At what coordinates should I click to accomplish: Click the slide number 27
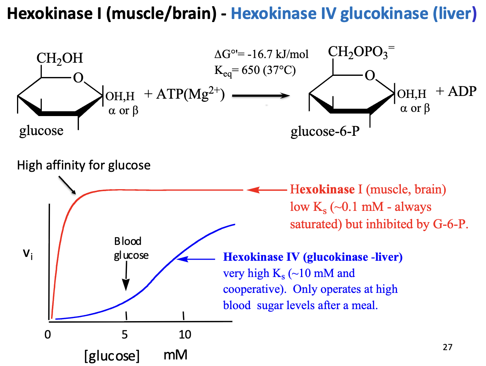click(x=447, y=347)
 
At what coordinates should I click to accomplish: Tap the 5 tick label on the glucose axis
click(x=125, y=335)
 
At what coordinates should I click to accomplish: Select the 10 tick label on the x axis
click(x=185, y=335)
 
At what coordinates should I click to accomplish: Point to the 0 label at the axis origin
click(x=48, y=335)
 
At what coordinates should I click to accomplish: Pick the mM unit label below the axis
click(x=176, y=355)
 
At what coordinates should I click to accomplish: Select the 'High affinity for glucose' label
click(x=84, y=166)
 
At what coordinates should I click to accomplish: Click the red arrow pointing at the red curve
click(x=267, y=190)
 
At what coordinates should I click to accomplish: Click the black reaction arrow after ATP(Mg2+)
click(x=261, y=96)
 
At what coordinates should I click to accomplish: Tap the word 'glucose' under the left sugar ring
click(x=41, y=131)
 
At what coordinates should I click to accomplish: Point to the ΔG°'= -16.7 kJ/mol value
click(x=262, y=55)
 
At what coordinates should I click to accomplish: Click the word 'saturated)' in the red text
click(x=313, y=225)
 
